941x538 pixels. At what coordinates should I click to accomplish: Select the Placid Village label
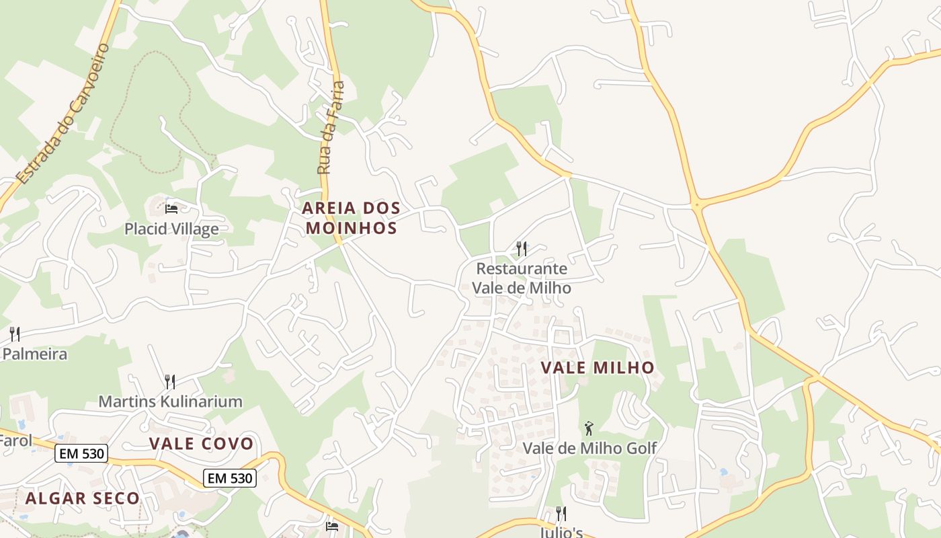click(x=171, y=229)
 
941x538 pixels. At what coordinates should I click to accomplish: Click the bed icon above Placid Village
click(x=171, y=208)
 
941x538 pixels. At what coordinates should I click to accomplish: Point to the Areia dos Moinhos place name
click(x=351, y=218)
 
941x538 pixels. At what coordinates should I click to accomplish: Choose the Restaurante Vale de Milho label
click(x=522, y=278)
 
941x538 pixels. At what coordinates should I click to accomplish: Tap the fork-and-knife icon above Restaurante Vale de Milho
click(x=522, y=249)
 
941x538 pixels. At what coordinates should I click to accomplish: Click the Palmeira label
click(x=35, y=354)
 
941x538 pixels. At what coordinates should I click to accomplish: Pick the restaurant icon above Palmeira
click(x=15, y=334)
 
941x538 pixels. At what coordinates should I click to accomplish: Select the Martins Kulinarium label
click(x=170, y=401)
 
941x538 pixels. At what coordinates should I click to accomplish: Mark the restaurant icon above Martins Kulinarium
click(x=170, y=382)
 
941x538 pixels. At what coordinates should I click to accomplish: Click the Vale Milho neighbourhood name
click(x=598, y=368)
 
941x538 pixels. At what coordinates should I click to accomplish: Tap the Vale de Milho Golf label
click(x=589, y=448)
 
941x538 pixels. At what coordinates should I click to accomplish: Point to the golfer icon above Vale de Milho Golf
click(x=589, y=428)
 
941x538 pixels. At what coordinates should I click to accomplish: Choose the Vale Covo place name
click(x=202, y=444)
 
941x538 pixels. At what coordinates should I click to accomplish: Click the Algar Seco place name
click(x=83, y=498)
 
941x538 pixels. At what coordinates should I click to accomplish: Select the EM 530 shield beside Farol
click(x=82, y=454)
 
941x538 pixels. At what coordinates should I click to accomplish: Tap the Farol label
click(x=15, y=441)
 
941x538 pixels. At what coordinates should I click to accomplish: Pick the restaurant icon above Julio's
click(x=561, y=514)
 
